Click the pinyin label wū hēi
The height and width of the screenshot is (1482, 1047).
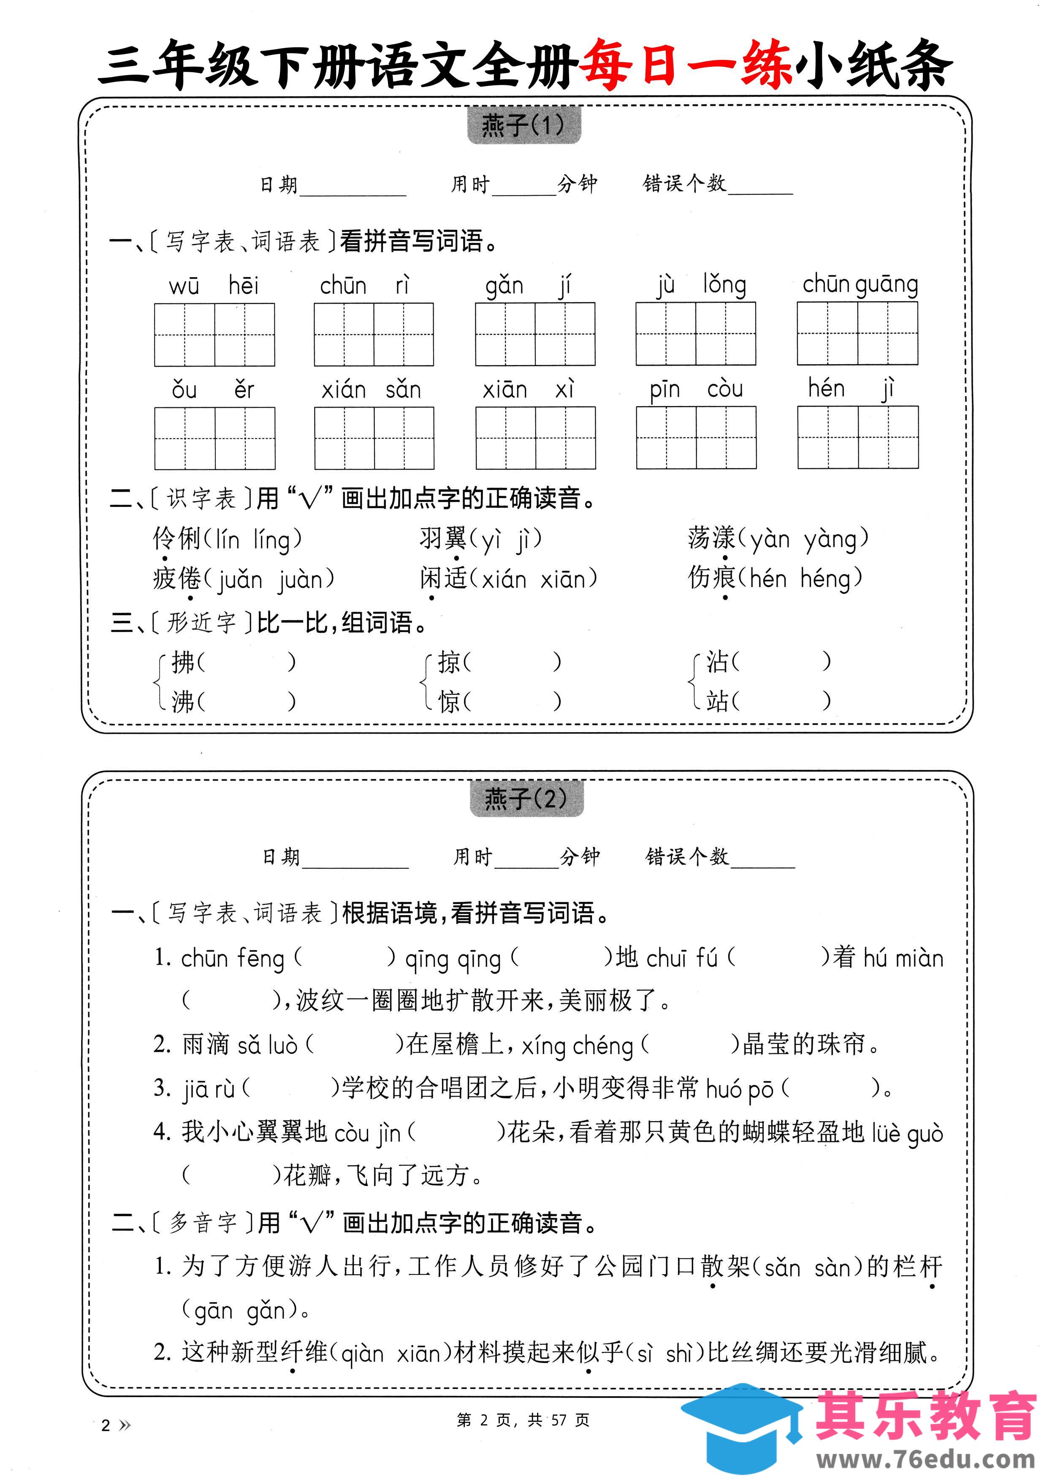click(214, 285)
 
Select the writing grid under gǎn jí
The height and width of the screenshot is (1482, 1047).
click(535, 334)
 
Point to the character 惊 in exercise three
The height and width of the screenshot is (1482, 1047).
click(449, 701)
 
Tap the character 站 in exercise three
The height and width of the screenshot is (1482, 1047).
click(717, 700)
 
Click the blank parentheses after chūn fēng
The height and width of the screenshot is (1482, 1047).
click(344, 958)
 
